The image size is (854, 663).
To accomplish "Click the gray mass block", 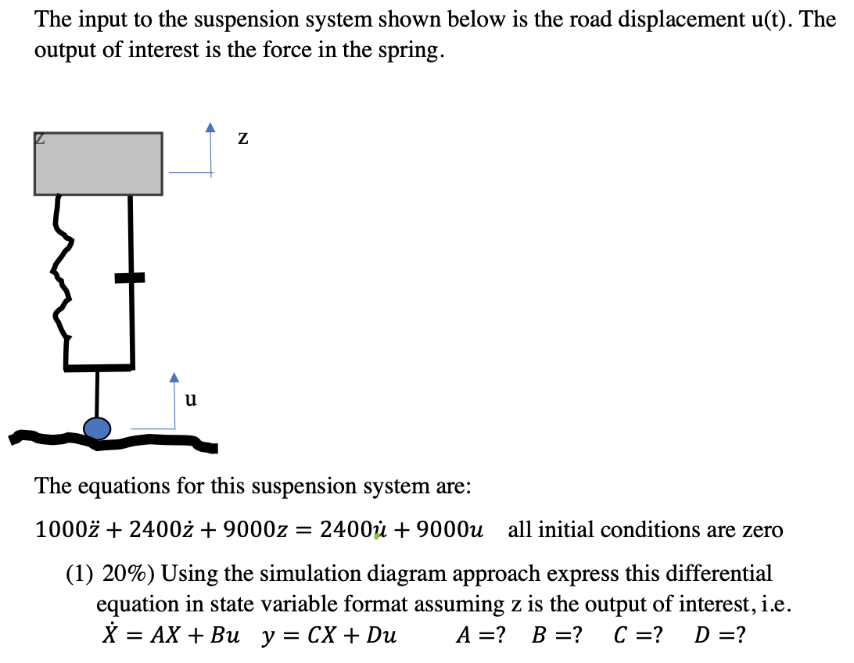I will [x=98, y=163].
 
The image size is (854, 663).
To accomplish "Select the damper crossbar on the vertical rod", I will [x=130, y=277].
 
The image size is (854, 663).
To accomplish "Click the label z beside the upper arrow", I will [x=243, y=138].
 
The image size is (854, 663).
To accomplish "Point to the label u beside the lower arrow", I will [x=191, y=399].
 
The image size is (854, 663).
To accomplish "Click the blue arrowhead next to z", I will [x=210, y=127].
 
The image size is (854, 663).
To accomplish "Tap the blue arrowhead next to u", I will [x=174, y=378].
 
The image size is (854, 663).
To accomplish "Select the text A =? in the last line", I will [x=480, y=635].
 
